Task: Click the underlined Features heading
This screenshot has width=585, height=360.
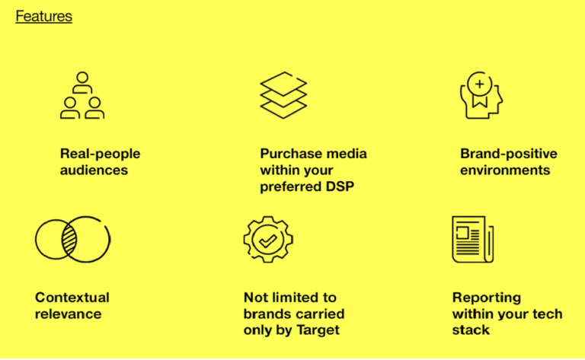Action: click(x=43, y=16)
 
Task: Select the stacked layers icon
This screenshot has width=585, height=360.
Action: click(x=283, y=94)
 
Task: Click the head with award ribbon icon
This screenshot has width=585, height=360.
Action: click(x=481, y=96)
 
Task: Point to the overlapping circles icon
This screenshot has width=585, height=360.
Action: click(x=72, y=240)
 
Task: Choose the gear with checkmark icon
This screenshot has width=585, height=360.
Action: click(x=268, y=240)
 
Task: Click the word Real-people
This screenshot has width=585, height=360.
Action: click(x=100, y=154)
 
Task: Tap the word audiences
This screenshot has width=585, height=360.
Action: click(x=94, y=170)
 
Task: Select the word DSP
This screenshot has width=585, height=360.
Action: click(x=339, y=186)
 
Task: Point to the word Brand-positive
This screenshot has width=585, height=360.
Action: click(x=508, y=154)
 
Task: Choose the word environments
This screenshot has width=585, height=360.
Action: click(x=504, y=170)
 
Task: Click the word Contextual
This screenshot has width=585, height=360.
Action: click(x=72, y=297)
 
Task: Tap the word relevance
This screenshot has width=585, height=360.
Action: click(x=68, y=313)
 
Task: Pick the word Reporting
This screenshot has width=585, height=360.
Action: click(x=486, y=297)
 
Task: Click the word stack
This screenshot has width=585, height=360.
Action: click(x=471, y=330)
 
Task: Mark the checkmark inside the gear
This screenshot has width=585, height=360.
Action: click(x=268, y=241)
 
